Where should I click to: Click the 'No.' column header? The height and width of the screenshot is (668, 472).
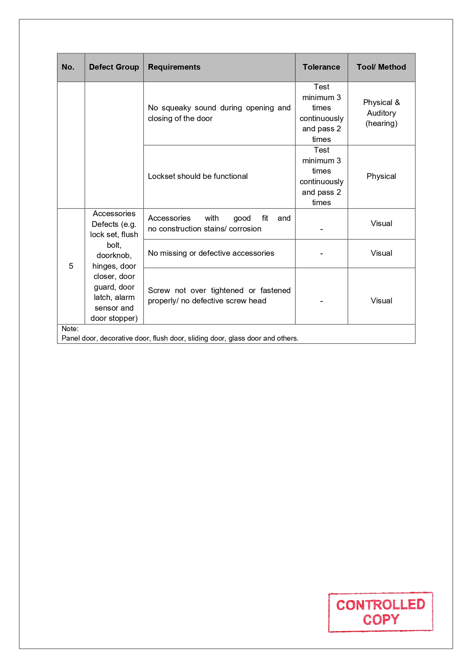(68, 67)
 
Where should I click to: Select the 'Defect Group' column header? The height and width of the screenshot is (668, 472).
(114, 67)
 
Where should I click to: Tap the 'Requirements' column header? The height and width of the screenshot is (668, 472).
(174, 67)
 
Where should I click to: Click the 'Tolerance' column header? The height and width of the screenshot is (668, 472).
(321, 67)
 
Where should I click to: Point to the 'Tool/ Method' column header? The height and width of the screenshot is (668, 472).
(381, 67)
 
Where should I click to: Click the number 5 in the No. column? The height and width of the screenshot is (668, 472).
(71, 266)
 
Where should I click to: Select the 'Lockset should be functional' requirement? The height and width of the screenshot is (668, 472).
(197, 176)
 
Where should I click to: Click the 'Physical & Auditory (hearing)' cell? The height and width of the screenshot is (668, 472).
(381, 113)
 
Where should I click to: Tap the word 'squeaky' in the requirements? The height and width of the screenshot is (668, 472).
(176, 108)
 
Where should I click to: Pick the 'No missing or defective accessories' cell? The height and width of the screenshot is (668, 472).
(211, 253)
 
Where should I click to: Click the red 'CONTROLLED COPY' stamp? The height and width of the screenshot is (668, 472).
(380, 612)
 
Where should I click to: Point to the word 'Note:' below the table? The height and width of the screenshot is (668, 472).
(70, 328)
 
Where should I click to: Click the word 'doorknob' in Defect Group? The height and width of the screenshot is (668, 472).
(113, 255)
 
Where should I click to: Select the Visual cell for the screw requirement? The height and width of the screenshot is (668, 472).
(381, 301)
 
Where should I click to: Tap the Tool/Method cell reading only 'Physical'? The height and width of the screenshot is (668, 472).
(381, 176)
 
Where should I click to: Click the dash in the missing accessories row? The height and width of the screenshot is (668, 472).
(321, 253)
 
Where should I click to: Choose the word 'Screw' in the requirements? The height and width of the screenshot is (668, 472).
(159, 290)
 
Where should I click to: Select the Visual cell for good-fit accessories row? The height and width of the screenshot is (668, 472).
(381, 223)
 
